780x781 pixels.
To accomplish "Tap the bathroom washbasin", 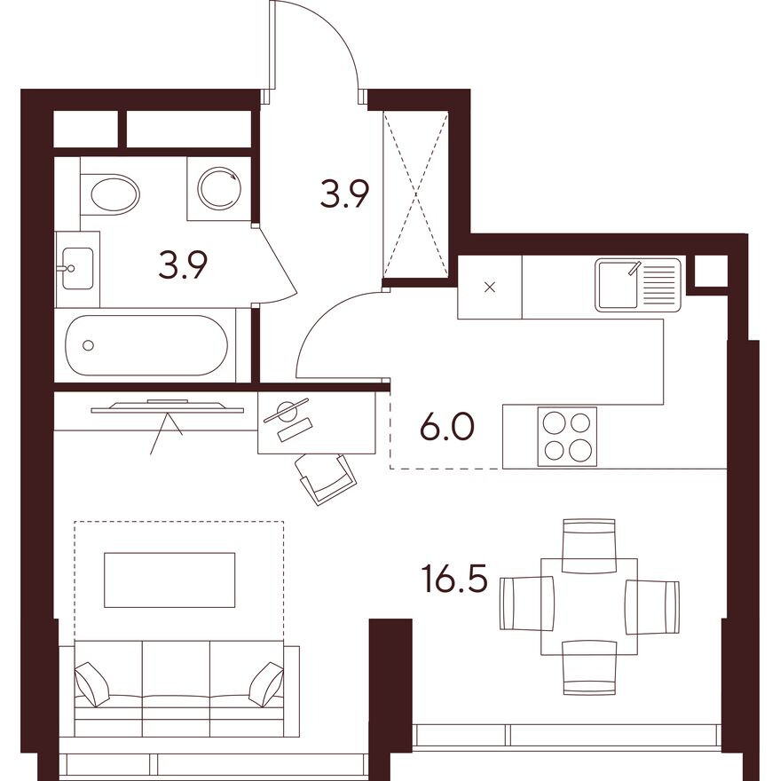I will click(x=77, y=264).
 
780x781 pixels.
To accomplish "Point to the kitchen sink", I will click(x=638, y=284).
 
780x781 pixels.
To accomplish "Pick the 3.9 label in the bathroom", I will click(x=183, y=264).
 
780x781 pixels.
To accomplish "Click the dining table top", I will click(x=590, y=606).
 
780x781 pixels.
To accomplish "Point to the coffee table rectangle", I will click(x=169, y=580).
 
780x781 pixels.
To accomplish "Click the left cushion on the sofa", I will click(x=92, y=684).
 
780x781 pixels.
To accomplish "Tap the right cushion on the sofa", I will click(x=265, y=683).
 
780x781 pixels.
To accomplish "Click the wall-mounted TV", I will click(x=168, y=406).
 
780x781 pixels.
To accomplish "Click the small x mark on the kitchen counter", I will click(x=490, y=288).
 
